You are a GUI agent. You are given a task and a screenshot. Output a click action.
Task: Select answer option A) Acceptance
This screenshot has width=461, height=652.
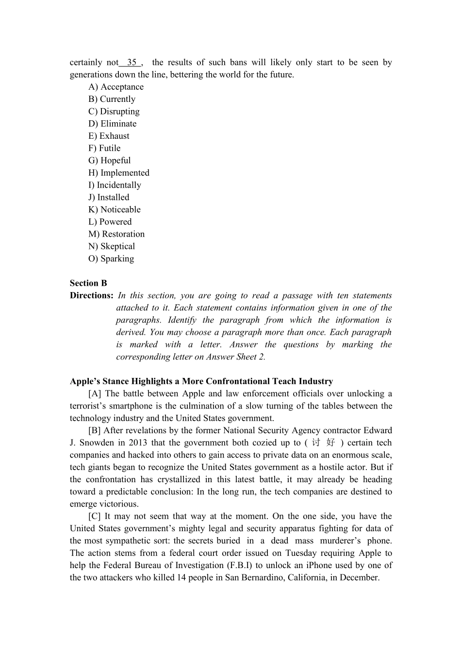pos(116,87)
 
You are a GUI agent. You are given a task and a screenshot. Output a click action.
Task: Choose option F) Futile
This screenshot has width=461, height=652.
pos(104,148)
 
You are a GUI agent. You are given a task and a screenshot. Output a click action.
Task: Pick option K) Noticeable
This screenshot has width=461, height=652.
pos(115,210)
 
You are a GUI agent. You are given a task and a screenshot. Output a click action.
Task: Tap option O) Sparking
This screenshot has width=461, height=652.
pos(111,259)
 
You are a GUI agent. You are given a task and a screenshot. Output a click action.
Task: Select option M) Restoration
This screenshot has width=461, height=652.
pos(116,234)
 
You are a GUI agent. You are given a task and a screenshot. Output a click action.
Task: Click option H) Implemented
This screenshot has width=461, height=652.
pos(119,173)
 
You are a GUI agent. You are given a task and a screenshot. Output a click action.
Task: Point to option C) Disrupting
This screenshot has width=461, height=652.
pos(114,112)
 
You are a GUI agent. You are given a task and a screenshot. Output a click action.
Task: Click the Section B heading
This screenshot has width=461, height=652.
pos(88,283)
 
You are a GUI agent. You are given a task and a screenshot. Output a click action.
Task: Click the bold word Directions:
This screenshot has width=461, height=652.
pos(92,295)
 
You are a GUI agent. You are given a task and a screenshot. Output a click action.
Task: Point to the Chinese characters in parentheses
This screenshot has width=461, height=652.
pos(323,443)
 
